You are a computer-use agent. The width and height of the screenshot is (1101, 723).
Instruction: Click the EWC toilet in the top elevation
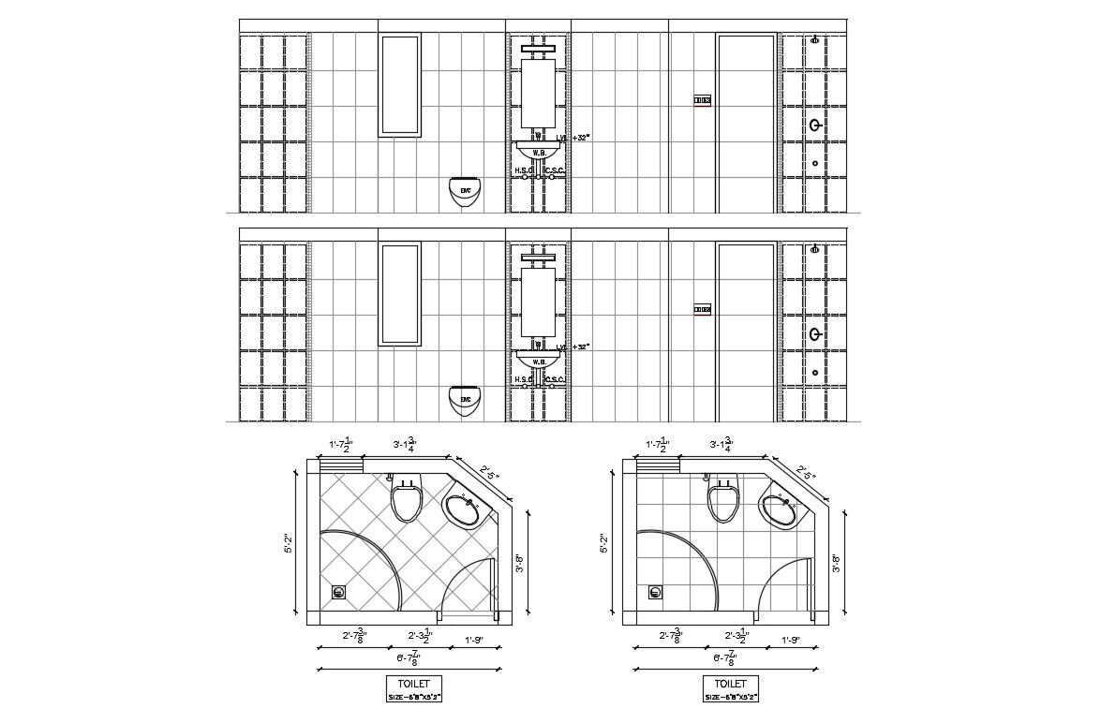tap(465, 191)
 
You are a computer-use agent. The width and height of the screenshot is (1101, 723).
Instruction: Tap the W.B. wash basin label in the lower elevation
tap(539, 361)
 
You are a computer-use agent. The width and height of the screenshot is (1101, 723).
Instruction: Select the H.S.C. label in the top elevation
tap(523, 170)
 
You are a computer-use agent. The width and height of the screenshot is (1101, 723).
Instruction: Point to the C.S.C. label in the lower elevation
tap(554, 380)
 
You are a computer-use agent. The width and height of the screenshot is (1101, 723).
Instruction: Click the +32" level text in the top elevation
tap(579, 138)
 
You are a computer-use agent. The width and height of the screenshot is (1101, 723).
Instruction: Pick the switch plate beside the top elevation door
tap(702, 100)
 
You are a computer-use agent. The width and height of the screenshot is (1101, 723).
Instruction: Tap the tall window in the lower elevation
tap(399, 293)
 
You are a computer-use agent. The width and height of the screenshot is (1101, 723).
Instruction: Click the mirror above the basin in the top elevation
tap(539, 91)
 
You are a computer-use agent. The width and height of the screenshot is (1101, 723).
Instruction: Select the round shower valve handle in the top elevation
tap(816, 125)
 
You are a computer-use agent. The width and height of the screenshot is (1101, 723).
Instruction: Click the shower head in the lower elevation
tap(815, 249)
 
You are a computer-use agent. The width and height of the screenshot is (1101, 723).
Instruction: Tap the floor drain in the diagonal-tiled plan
tap(339, 592)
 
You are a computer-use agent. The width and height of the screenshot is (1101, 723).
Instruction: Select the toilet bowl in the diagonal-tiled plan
tap(406, 501)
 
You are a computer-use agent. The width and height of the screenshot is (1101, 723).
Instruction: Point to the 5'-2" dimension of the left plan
tap(290, 543)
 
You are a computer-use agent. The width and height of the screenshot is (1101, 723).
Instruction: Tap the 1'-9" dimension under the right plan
tap(791, 641)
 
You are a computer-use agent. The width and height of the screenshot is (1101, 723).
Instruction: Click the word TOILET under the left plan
tap(413, 684)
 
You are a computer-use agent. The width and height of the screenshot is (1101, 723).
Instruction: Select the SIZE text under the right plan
tap(730, 697)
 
